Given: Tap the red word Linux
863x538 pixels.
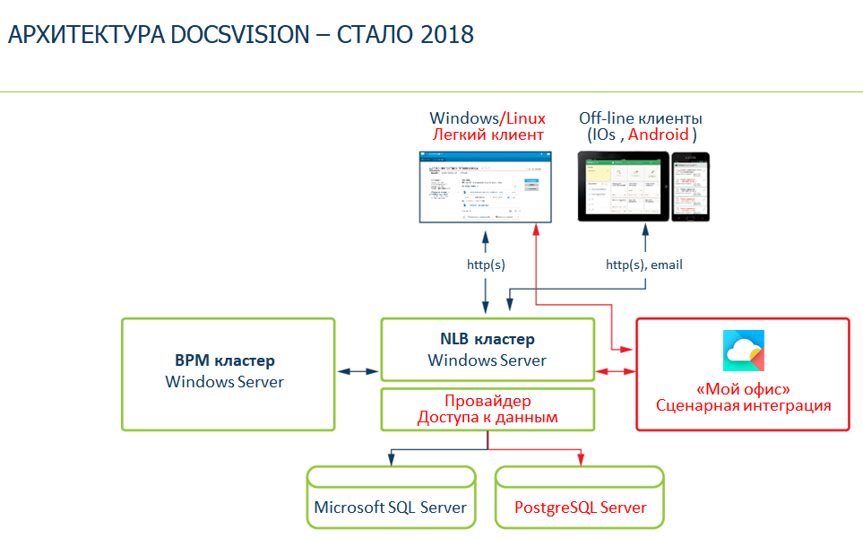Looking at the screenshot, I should click(x=526, y=118).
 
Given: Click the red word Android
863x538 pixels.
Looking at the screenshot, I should click(x=659, y=134).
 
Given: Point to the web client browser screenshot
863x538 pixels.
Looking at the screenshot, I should click(x=487, y=187).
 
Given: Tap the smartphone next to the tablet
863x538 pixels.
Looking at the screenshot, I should click(x=690, y=187).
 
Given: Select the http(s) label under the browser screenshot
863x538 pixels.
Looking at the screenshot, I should click(x=487, y=265).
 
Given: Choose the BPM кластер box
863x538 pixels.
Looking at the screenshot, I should click(x=228, y=373).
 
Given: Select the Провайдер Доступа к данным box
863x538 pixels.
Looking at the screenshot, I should click(x=487, y=409).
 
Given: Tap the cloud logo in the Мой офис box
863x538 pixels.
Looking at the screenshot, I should click(x=744, y=351).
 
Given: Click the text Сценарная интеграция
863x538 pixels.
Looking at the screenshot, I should click(x=744, y=405).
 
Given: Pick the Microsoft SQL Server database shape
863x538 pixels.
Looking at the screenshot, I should click(x=391, y=497).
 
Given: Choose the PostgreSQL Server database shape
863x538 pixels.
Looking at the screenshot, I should click(x=580, y=497).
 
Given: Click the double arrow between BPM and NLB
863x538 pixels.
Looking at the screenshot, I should click(x=358, y=371).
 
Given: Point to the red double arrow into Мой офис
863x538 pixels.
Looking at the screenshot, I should click(x=614, y=371).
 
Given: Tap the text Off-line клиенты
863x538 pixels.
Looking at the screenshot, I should click(x=640, y=118).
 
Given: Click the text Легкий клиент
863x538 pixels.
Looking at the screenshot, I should click(x=488, y=134).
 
